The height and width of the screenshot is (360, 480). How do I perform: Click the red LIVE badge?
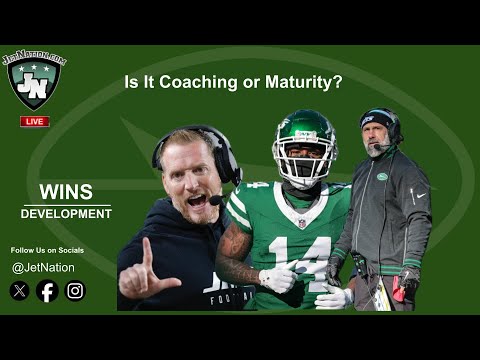pyautogui.click(x=35, y=121)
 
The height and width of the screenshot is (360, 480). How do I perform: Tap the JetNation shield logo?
pyautogui.click(x=35, y=81)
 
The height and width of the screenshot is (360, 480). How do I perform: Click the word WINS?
pyautogui.click(x=66, y=192)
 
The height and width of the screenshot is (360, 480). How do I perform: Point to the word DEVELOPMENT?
pyautogui.click(x=66, y=214)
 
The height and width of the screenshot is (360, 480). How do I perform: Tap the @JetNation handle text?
pyautogui.click(x=43, y=267)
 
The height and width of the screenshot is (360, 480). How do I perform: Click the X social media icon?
pyautogui.click(x=20, y=291)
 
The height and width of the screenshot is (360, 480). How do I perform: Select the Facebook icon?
pyautogui.click(x=47, y=291)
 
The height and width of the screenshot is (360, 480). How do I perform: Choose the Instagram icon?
pyautogui.click(x=75, y=291)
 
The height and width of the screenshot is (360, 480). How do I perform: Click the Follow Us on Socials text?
pyautogui.click(x=46, y=249)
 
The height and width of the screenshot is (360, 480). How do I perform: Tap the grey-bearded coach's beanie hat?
pyautogui.click(x=380, y=119)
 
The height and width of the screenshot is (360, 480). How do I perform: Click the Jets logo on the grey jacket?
pyautogui.click(x=382, y=177)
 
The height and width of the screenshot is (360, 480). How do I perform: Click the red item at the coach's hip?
pyautogui.click(x=403, y=289)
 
